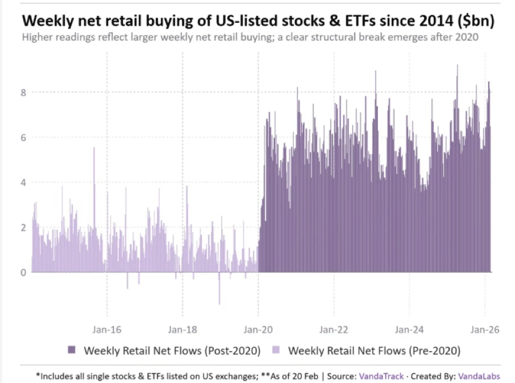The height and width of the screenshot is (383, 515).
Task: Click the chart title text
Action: (257, 22)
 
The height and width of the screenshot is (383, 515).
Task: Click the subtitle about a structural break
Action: (250, 38)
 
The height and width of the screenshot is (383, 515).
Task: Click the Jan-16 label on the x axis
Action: (107, 329)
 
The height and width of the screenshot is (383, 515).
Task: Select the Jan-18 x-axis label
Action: (182, 329)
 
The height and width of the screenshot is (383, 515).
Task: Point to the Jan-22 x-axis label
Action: (334, 329)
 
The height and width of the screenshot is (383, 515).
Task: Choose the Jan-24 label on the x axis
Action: (409, 329)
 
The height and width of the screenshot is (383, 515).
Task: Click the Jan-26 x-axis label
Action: (484, 329)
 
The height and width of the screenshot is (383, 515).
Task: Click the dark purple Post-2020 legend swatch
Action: (73, 350)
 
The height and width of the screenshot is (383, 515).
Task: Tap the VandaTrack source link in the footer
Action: (381, 376)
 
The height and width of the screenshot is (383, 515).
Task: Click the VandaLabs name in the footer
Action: (475, 376)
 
